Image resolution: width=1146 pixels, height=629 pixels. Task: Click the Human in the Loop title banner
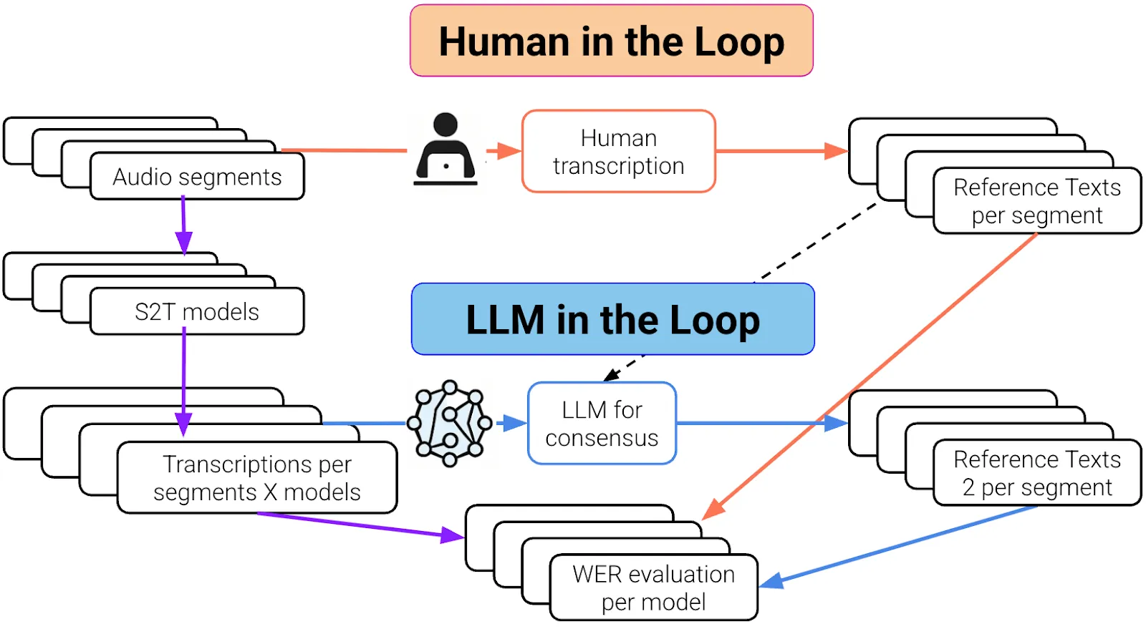(x=611, y=41)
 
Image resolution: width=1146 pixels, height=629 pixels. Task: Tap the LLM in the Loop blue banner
(x=612, y=319)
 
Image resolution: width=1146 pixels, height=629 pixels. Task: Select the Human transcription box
(x=618, y=151)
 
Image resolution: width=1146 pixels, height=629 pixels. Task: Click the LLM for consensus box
(x=602, y=423)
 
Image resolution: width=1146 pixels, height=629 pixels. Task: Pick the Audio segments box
(x=197, y=176)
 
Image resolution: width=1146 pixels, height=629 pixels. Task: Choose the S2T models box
(x=197, y=311)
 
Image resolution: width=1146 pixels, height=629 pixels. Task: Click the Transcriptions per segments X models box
(x=256, y=477)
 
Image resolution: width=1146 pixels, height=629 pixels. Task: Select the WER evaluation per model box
(x=653, y=587)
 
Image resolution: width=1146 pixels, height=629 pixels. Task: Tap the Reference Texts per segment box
(x=1036, y=200)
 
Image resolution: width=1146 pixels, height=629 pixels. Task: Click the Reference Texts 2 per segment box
(x=1036, y=472)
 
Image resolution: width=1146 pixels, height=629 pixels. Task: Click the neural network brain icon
(x=449, y=423)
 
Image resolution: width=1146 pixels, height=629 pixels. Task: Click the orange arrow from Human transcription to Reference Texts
(x=781, y=151)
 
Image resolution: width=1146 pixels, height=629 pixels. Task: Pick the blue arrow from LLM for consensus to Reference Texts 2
(x=759, y=423)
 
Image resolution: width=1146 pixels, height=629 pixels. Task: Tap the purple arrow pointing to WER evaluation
(x=358, y=525)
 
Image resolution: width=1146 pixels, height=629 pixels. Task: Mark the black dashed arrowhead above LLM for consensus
(x=611, y=376)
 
